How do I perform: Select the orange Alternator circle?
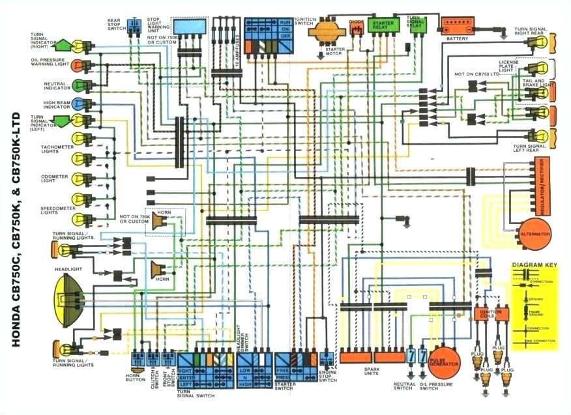pyautogui.click(x=534, y=234)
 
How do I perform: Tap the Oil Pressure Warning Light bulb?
pyautogui.click(x=78, y=65)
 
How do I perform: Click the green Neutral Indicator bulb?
pyautogui.click(x=78, y=85)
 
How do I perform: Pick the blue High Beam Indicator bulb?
pyautogui.click(x=78, y=104)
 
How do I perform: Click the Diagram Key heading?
pyautogui.click(x=534, y=266)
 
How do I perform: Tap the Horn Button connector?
pyautogui.click(x=138, y=359)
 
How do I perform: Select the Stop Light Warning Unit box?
pyautogui.click(x=190, y=29)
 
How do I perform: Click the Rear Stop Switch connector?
pyautogui.click(x=136, y=26)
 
